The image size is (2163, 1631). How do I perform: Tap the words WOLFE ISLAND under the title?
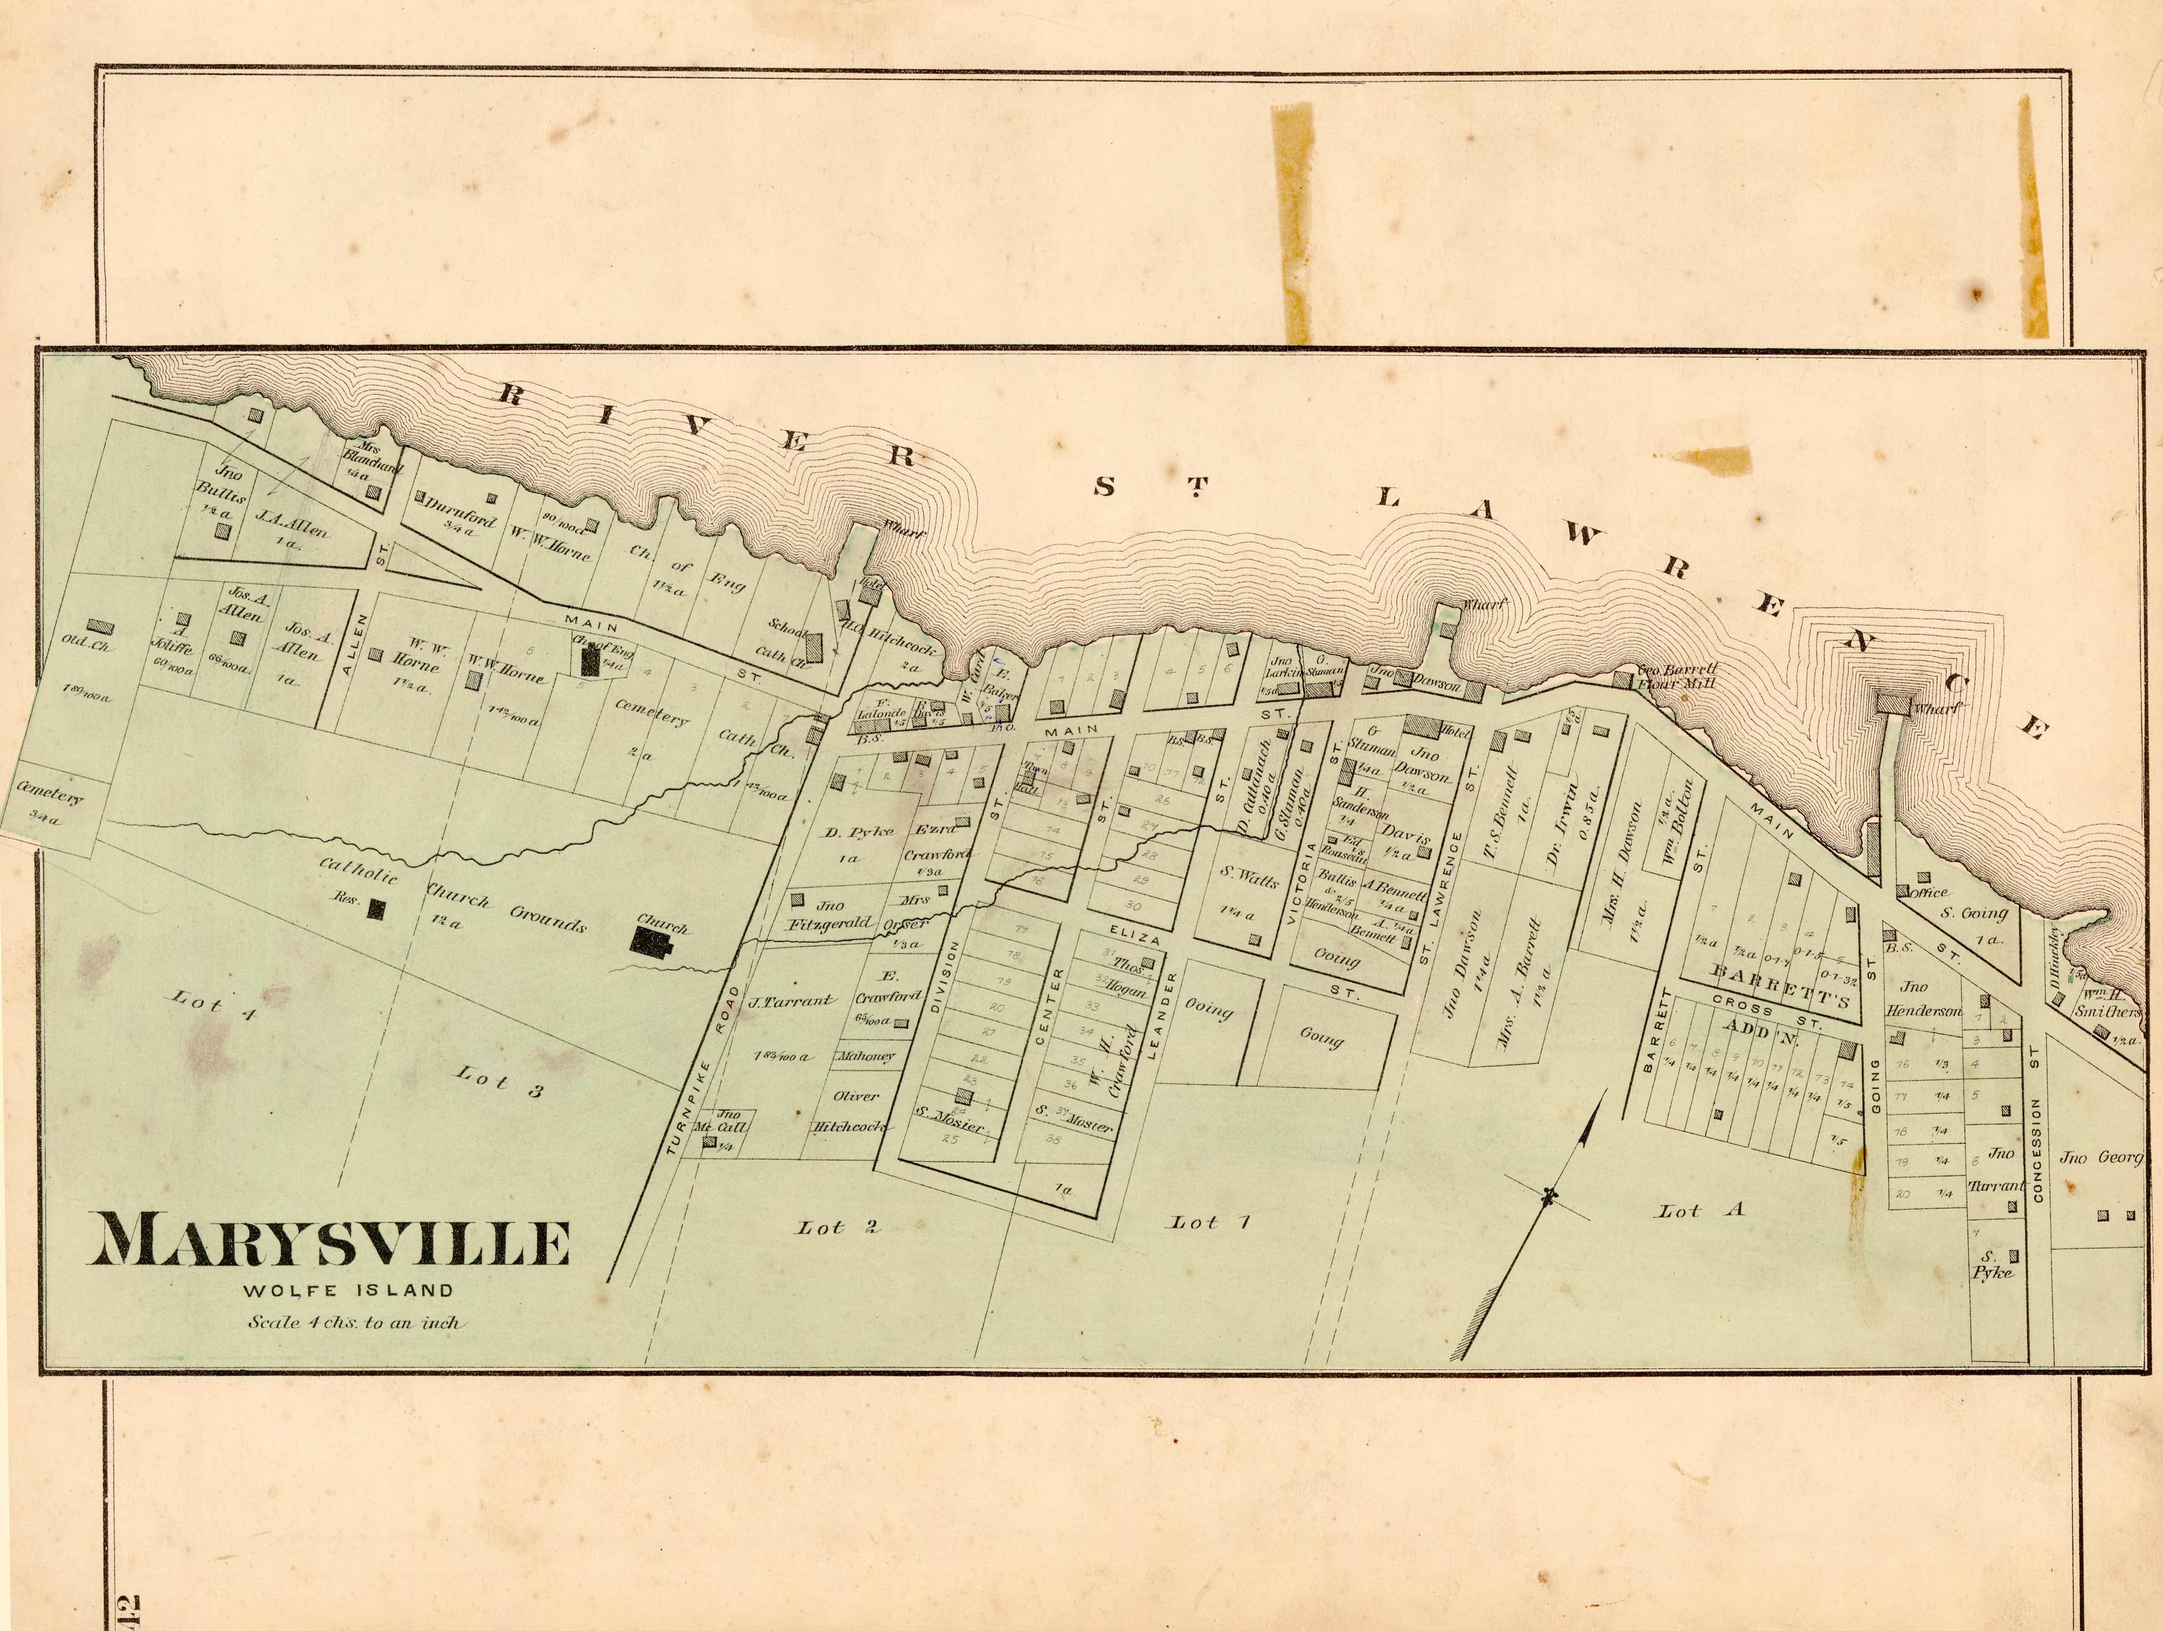point(348,1290)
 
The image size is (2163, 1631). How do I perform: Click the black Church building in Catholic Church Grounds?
point(650,942)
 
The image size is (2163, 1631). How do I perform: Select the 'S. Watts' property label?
point(1249,876)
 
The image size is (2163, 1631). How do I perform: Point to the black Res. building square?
point(376,909)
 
